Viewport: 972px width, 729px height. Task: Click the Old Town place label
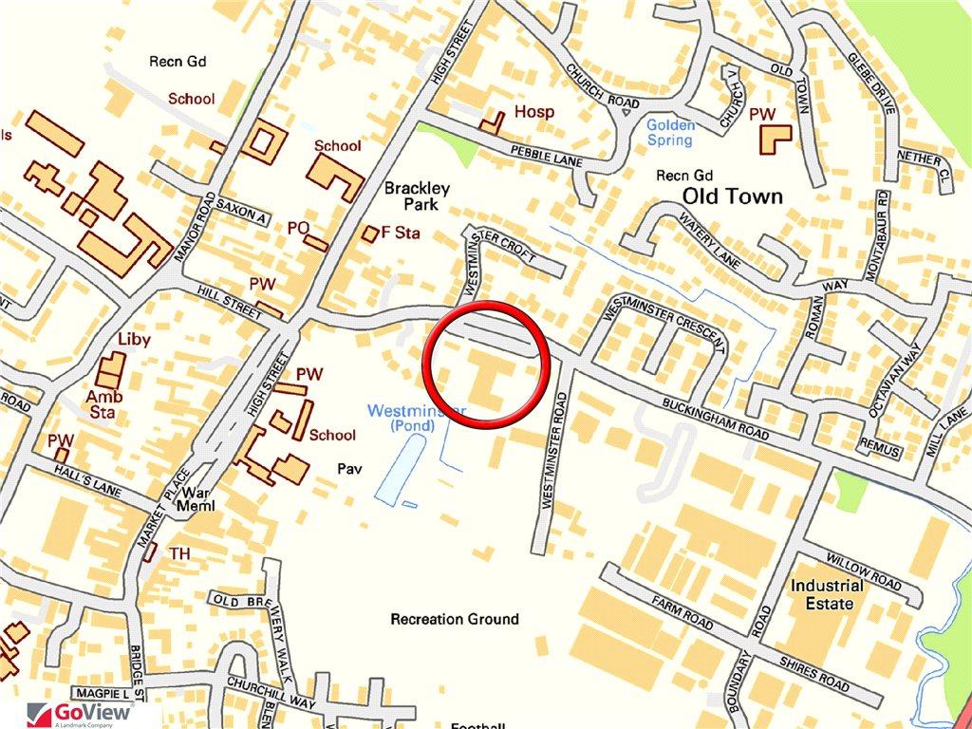coord(733,196)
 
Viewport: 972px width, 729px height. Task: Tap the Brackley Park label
coord(417,196)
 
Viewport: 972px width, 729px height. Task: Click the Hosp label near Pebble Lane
coord(533,112)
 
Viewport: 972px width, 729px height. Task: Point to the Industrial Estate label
coord(828,594)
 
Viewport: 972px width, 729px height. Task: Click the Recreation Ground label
coord(455,619)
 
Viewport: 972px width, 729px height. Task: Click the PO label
coord(298,228)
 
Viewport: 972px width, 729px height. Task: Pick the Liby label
coord(134,338)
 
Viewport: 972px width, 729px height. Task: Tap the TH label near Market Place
coord(178,553)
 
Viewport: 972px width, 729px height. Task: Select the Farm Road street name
coord(682,614)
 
